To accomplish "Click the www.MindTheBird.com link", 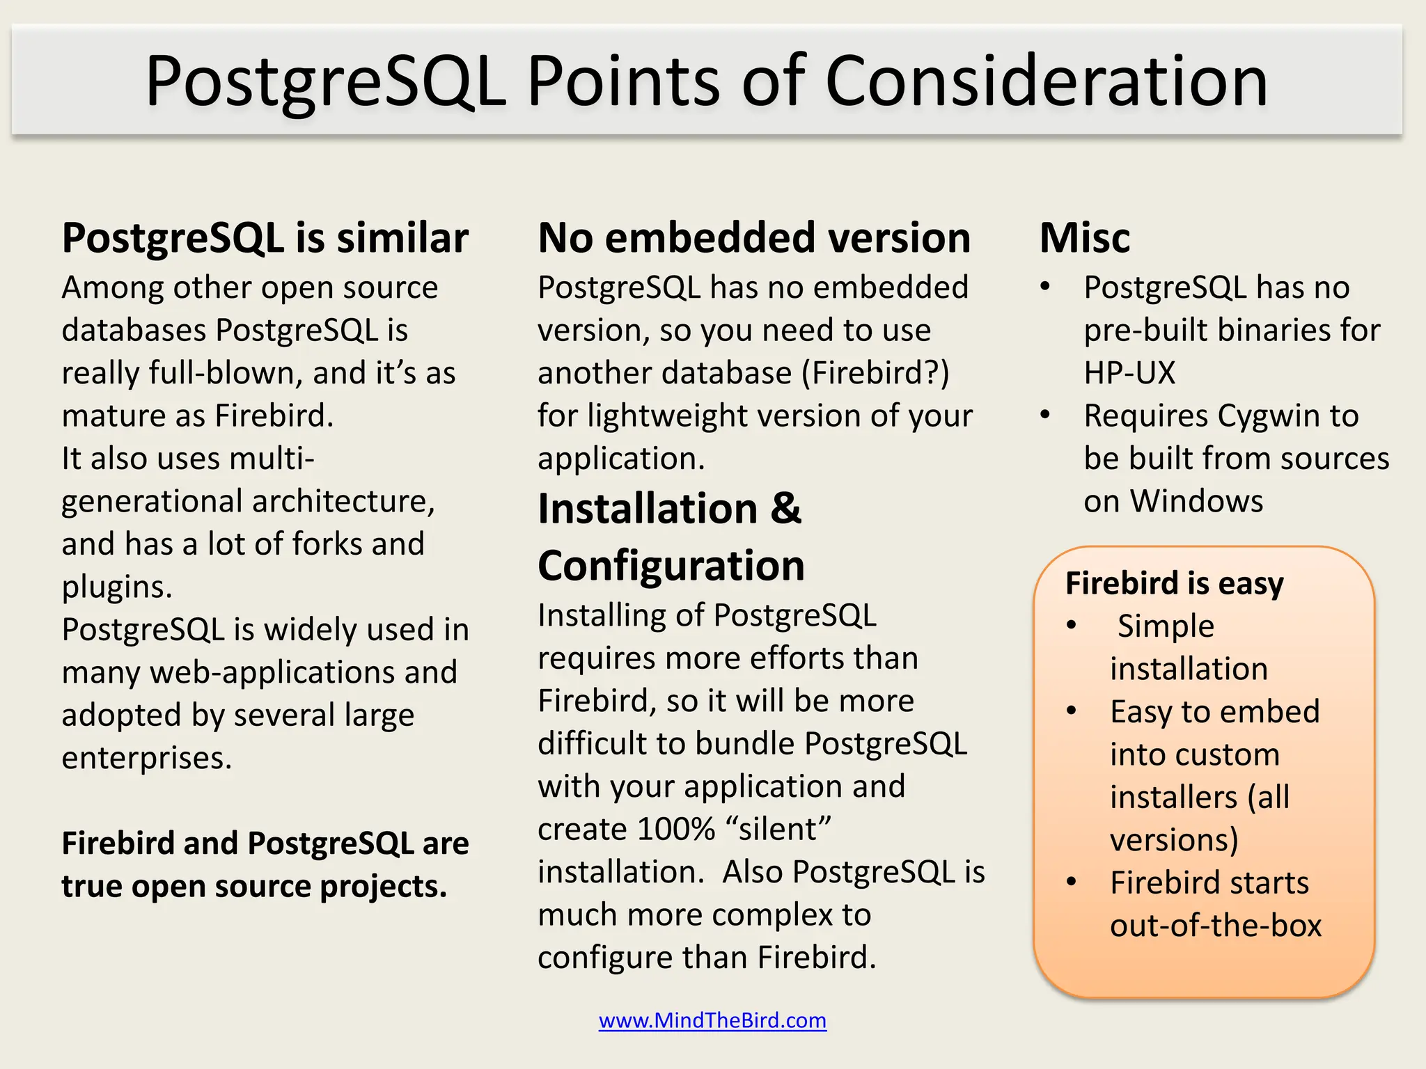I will [x=712, y=1020].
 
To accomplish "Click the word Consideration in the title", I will [x=1046, y=81].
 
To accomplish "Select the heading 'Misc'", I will [x=1084, y=238].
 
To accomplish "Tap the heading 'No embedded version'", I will [x=754, y=238].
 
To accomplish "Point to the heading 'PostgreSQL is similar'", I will [x=265, y=238].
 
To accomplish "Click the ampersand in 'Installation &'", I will [x=785, y=508].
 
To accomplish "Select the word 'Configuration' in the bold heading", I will [x=671, y=565].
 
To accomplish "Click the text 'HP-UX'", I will [x=1129, y=373].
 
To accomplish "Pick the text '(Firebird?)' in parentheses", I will [x=875, y=373].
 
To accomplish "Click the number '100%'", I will [x=675, y=829].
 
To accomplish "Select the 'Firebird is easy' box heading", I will [x=1174, y=583].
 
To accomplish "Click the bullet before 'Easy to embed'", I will [x=1072, y=711].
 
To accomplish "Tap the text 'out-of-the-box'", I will [x=1215, y=926].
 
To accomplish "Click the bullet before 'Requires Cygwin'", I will [x=1044, y=415].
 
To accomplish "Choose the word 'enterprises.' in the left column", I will [x=146, y=758].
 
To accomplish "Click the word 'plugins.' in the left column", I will [x=116, y=587].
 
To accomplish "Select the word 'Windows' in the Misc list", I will [x=1196, y=501].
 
